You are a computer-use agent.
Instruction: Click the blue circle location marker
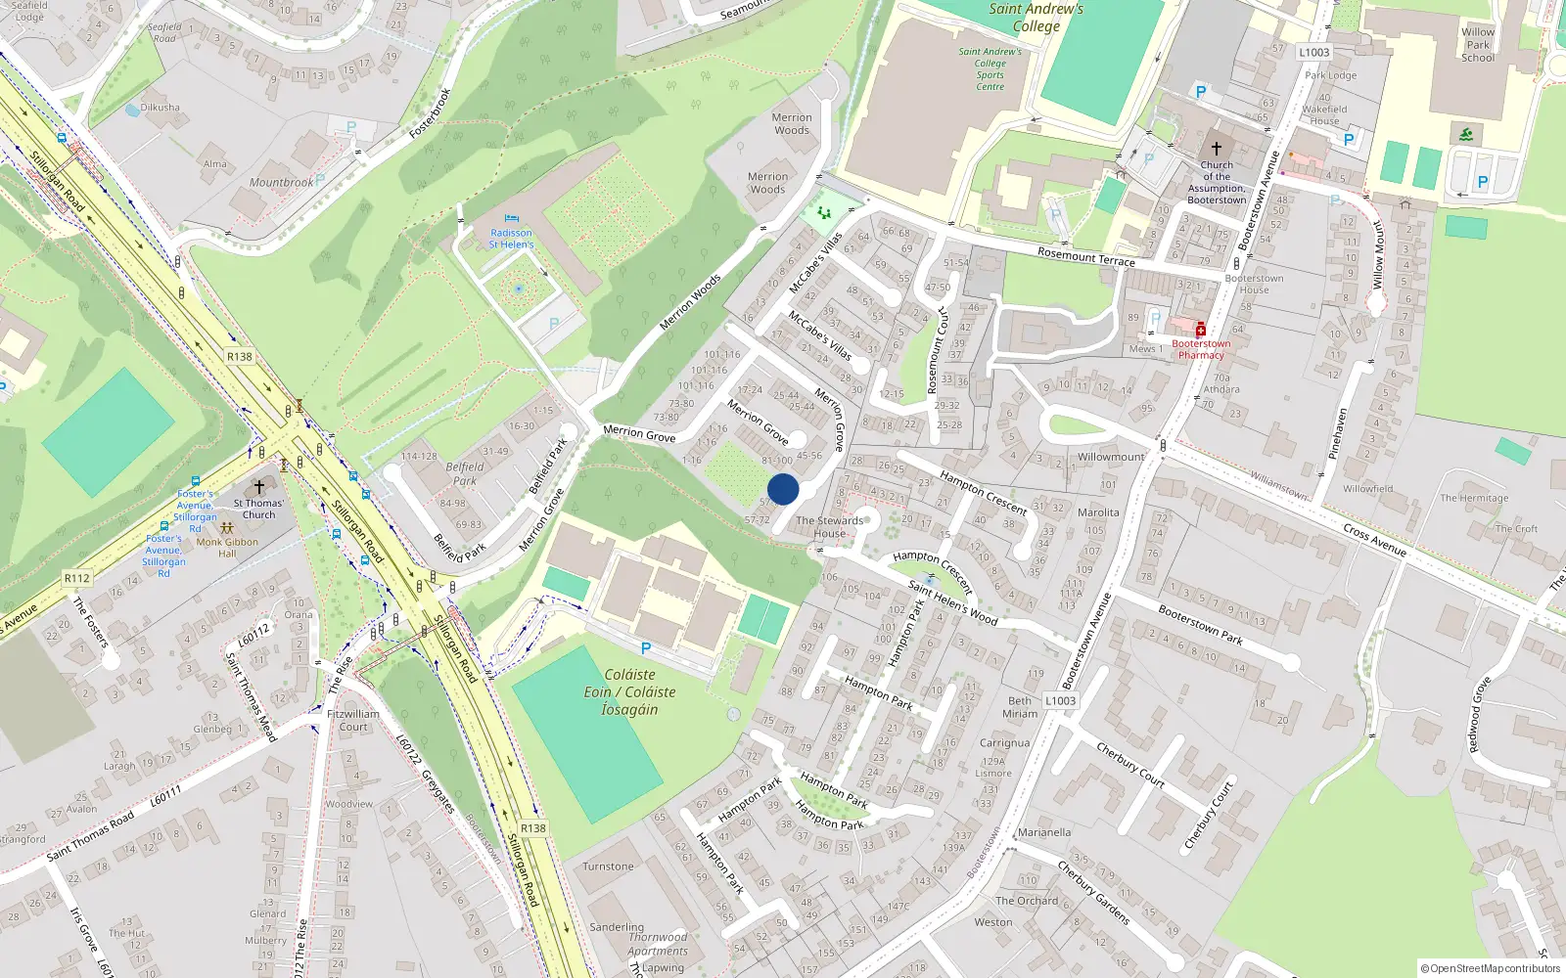coord(783,489)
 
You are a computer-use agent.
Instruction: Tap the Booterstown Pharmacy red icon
coord(1201,331)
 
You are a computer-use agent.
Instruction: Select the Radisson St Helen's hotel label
coord(511,239)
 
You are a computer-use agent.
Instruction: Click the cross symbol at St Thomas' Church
coord(259,487)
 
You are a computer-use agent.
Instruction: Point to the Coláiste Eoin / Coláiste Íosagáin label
coord(629,691)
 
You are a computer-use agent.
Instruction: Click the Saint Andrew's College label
coord(1036,18)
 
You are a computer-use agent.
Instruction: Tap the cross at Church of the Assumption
coord(1217,149)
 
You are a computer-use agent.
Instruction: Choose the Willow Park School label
coord(1478,44)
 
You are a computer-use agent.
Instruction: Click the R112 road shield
coord(77,578)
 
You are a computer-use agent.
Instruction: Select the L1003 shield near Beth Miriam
coord(1060,700)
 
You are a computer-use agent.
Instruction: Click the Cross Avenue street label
coord(1374,540)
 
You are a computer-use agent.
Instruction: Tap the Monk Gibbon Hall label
coord(227,548)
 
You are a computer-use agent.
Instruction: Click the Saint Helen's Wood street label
coord(952,602)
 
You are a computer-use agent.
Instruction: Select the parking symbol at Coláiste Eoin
coord(646,648)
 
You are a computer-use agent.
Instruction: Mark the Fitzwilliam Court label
coord(353,721)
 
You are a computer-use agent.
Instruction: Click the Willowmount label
coord(1111,457)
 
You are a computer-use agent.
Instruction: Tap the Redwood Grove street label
coord(1479,714)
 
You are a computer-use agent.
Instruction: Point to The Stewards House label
coord(830,527)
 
